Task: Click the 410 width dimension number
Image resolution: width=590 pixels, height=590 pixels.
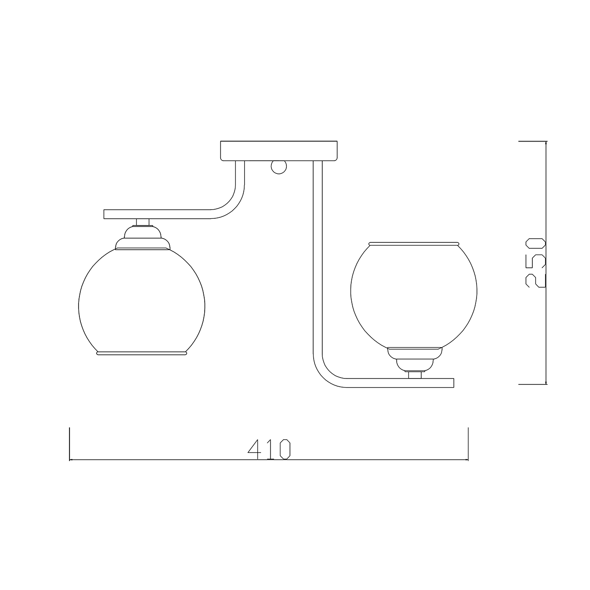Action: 269,449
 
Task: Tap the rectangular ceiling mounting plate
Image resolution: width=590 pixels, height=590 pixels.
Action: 279,151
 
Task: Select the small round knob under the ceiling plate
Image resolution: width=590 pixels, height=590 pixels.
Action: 279,167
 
